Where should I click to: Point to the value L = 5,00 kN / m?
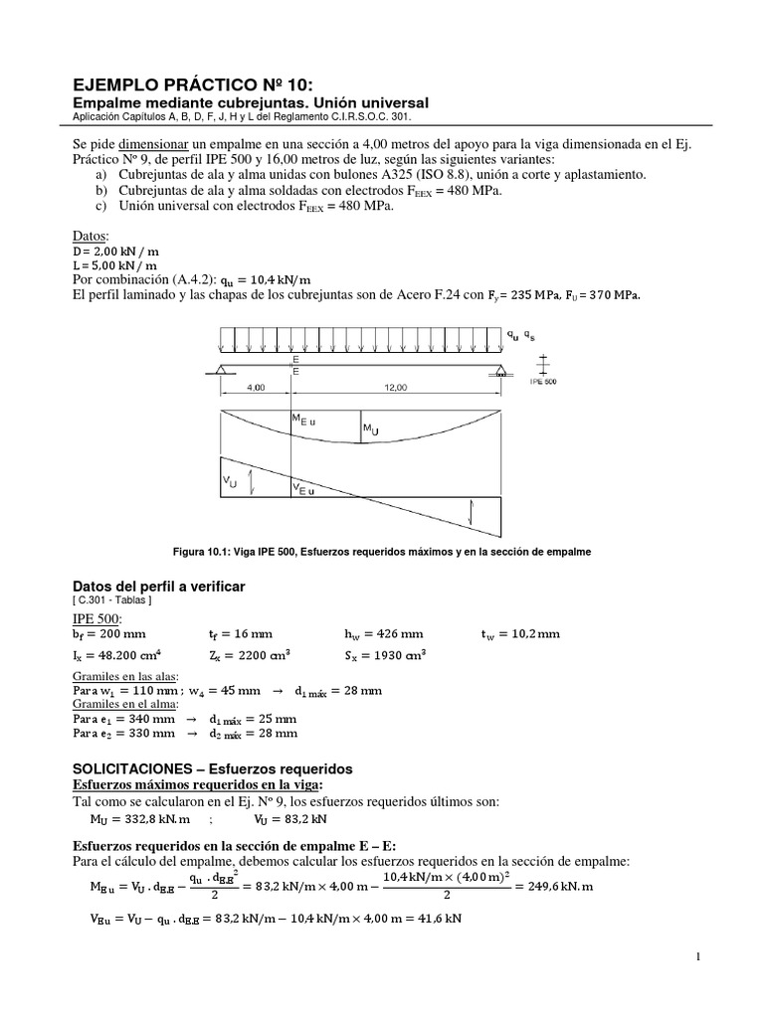coord(116,266)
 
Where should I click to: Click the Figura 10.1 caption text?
coord(382,551)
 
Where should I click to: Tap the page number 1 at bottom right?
coord(700,956)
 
